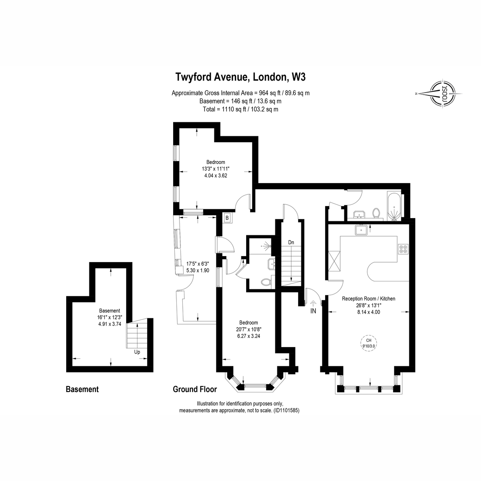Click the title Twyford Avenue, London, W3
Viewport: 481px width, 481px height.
(x=240, y=77)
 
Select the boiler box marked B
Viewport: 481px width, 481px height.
(x=227, y=218)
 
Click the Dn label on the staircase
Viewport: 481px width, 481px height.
(x=291, y=243)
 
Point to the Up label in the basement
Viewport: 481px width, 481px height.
(x=137, y=352)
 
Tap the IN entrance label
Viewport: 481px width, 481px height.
(x=313, y=311)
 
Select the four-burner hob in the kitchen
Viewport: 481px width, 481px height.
(x=403, y=249)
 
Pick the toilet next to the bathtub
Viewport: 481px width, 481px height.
(x=376, y=213)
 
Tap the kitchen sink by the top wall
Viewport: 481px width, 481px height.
(x=361, y=230)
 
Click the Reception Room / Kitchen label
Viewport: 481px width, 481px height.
(x=368, y=299)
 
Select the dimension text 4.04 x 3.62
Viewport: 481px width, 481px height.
(x=216, y=176)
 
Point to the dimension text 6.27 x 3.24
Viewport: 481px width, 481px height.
(x=249, y=336)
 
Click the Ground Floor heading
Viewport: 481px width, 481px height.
(x=195, y=389)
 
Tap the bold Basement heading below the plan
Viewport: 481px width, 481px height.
(x=82, y=389)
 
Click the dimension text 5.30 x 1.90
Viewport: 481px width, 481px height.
(x=198, y=270)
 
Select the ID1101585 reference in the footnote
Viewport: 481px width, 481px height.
(x=286, y=410)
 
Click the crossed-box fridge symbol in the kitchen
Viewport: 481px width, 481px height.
(x=334, y=261)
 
